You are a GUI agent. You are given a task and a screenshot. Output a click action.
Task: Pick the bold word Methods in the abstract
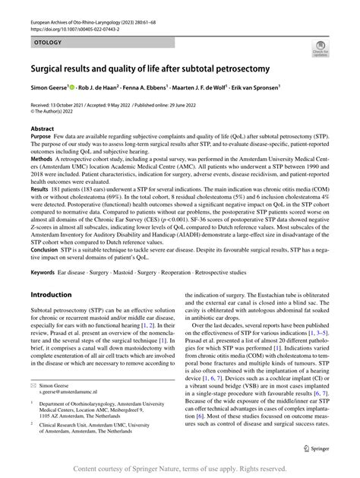click(44, 161)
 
